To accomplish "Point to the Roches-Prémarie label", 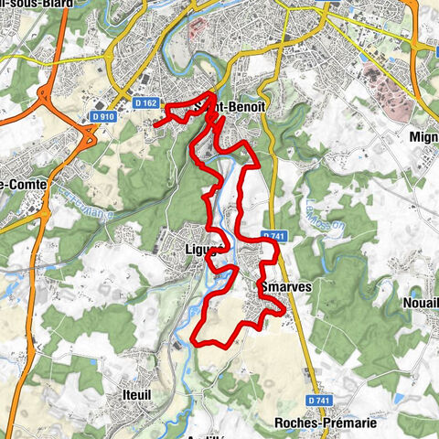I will coord(325,423).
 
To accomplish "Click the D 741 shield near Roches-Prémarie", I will coord(318,401).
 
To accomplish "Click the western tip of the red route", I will coord(155,123).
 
